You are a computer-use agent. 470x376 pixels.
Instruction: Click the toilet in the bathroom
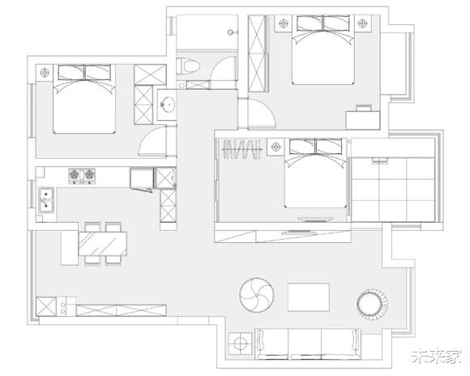point(188,66)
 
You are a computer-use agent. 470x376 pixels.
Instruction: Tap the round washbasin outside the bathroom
point(168,105)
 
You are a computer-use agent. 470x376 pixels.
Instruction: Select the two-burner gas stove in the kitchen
point(82,176)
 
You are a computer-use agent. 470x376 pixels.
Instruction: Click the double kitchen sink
point(46,200)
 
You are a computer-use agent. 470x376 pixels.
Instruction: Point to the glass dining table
point(103,244)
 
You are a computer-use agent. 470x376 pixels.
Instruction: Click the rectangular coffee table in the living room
point(309,297)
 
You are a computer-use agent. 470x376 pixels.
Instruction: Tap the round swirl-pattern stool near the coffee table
point(257,295)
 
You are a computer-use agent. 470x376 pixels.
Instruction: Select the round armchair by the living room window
point(372,304)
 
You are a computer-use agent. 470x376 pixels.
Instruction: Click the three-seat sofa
point(308,344)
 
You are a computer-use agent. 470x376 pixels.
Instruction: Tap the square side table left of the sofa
point(240,344)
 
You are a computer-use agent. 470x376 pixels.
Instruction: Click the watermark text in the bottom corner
point(436,357)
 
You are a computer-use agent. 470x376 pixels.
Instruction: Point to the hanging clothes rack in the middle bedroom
point(242,149)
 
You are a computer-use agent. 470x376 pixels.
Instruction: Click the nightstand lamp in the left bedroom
point(45,73)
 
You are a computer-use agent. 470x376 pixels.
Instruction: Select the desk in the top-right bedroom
point(363,120)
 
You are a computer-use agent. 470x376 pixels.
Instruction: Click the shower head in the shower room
point(230,32)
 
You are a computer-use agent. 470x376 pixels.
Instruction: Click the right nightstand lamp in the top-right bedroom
point(362,23)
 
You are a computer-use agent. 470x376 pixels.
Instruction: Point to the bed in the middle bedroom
point(315,173)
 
